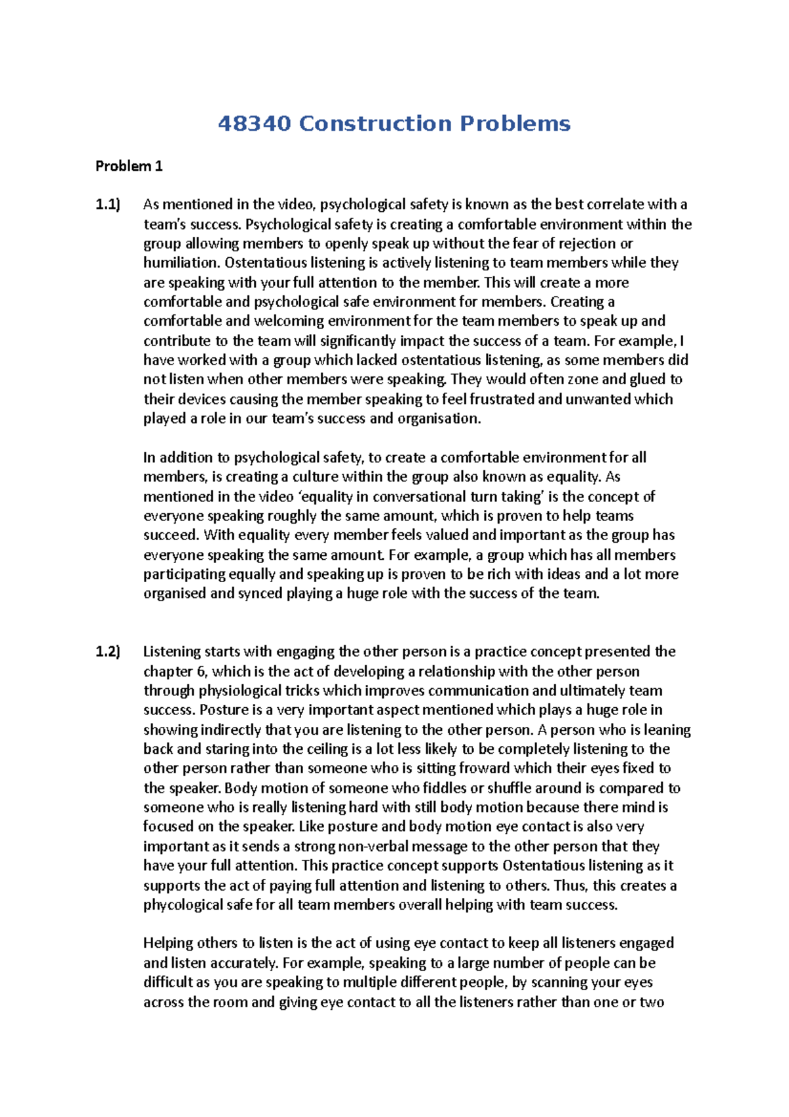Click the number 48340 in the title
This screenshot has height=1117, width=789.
click(x=254, y=124)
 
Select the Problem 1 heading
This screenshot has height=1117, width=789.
click(x=129, y=166)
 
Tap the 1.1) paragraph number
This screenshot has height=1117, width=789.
click(x=108, y=205)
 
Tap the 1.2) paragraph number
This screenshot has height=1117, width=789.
click(x=108, y=652)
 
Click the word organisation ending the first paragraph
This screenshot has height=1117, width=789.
click(x=439, y=418)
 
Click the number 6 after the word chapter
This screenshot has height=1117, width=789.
click(x=201, y=672)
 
